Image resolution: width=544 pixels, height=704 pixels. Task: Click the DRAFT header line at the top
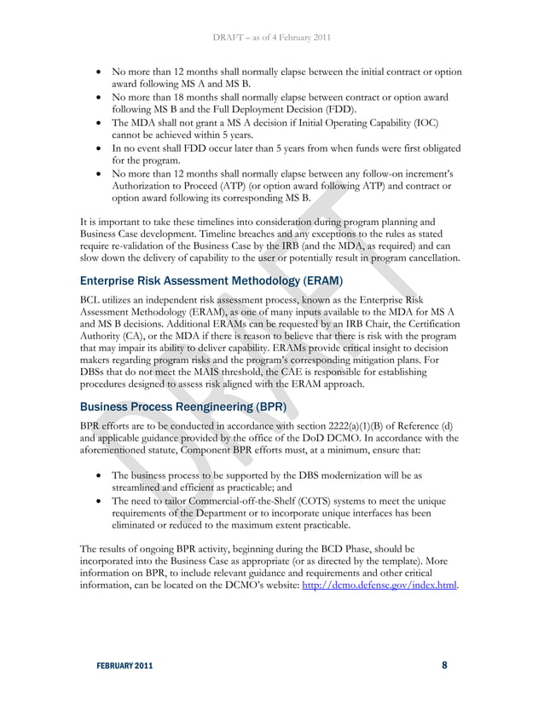(272, 38)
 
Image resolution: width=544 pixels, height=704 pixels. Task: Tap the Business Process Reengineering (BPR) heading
(177, 407)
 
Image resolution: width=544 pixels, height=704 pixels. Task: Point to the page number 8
(444, 666)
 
